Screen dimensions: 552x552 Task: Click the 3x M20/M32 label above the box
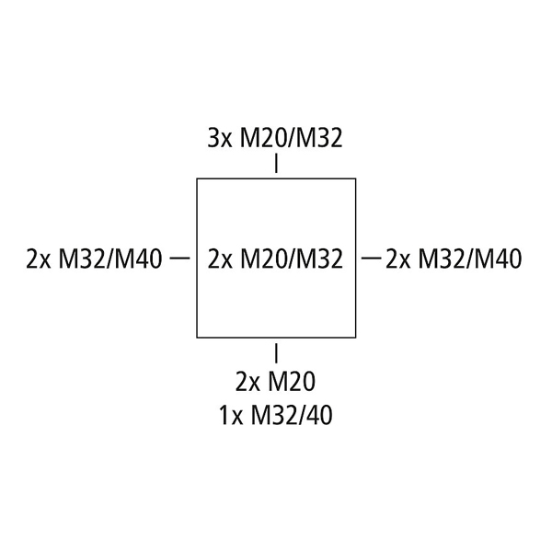[275, 138]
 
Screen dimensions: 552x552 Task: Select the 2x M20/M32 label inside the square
[275, 259]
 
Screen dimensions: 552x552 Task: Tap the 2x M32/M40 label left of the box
[94, 259]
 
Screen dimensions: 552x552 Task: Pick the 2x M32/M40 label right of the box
[454, 259]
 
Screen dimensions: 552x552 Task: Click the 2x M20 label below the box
[275, 382]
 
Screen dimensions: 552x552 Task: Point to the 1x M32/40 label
[276, 416]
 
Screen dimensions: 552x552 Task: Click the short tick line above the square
[276, 163]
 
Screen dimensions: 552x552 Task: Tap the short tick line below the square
[276, 353]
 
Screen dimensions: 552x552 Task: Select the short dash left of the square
[180, 259]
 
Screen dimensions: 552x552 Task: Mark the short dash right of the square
[372, 259]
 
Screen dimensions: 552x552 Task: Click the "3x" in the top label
[220, 138]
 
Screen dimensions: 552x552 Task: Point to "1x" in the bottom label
[232, 416]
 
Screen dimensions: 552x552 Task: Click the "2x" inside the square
[220, 259]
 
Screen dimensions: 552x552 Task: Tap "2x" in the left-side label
[39, 259]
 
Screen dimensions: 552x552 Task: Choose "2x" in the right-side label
[398, 259]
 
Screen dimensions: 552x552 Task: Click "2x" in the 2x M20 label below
[247, 382]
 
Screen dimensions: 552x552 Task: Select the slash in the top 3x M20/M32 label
[292, 138]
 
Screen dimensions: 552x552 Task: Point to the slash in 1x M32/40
[304, 416]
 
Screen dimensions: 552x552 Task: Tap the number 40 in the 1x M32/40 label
[321, 416]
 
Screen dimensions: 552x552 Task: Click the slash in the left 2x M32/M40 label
[110, 259]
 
